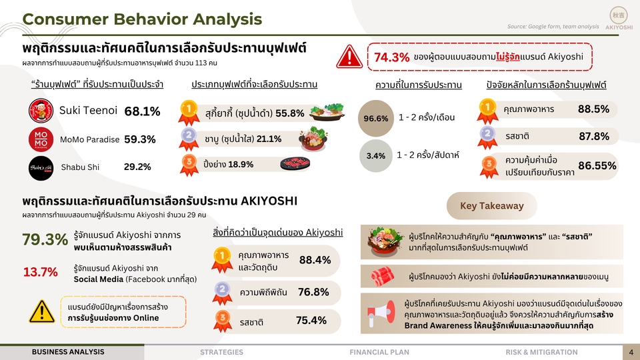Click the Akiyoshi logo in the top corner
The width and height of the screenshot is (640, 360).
tap(618, 18)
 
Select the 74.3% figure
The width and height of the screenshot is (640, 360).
tap(392, 57)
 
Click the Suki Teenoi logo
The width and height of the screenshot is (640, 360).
tap(41, 110)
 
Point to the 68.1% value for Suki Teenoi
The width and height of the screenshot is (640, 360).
tap(142, 111)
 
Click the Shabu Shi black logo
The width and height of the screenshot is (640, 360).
tap(41, 167)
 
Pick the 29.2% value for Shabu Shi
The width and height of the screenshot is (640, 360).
tap(137, 167)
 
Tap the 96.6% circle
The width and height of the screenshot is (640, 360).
tap(376, 119)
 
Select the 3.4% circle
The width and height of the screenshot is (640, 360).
tap(376, 156)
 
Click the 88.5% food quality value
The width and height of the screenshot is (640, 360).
tap(593, 109)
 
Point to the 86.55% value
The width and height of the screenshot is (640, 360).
tap(597, 166)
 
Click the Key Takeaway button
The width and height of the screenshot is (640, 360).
tap(491, 206)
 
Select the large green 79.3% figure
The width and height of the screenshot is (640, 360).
tap(45, 239)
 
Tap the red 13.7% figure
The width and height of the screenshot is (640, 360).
tap(40, 272)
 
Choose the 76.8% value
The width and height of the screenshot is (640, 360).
tap(313, 291)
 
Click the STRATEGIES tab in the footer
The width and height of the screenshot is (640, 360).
tap(221, 352)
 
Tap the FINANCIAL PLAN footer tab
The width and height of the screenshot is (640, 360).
tap(379, 352)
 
